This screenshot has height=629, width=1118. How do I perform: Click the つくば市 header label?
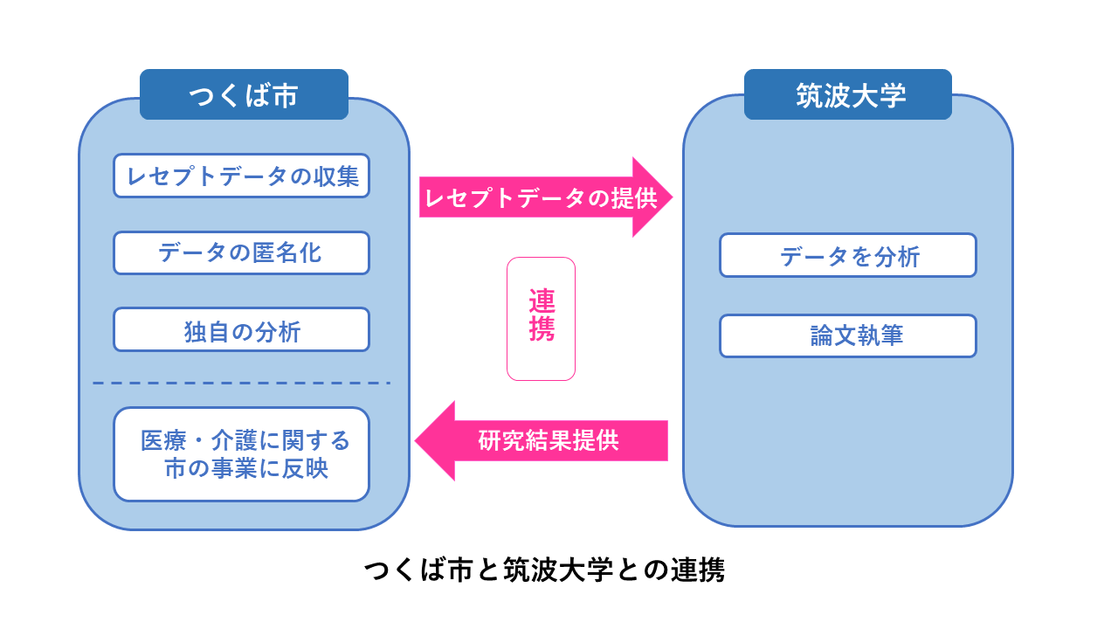pyautogui.click(x=244, y=94)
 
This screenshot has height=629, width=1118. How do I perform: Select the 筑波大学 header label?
pyautogui.click(x=847, y=94)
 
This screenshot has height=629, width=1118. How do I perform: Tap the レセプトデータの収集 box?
pyautogui.click(x=241, y=176)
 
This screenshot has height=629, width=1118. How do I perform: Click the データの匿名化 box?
pyautogui.click(x=241, y=253)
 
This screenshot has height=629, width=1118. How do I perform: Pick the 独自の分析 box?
pyautogui.click(x=241, y=330)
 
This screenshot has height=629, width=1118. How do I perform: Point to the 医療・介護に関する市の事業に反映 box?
pyautogui.click(x=241, y=454)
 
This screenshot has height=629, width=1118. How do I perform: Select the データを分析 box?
pyautogui.click(x=847, y=255)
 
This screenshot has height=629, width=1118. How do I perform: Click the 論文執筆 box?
pyautogui.click(x=847, y=336)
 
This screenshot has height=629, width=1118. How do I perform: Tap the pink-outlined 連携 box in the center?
pyautogui.click(x=541, y=319)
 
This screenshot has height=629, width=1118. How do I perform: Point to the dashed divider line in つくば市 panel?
pyautogui.click(x=241, y=383)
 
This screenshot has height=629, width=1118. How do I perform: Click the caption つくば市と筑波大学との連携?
pyautogui.click(x=543, y=571)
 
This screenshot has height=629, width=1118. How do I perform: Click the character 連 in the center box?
pyautogui.click(x=542, y=301)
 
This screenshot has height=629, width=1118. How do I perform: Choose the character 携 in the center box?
pyautogui.click(x=542, y=330)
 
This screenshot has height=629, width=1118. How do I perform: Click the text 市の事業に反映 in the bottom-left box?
pyautogui.click(x=246, y=469)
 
